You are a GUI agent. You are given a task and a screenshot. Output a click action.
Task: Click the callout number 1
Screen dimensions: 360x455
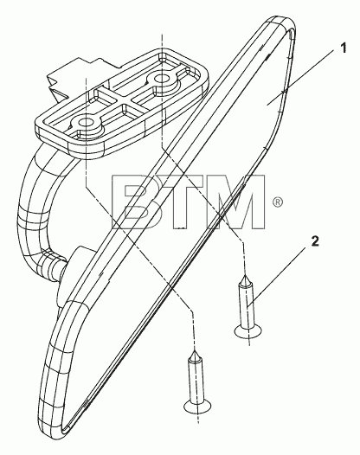tap(344, 48)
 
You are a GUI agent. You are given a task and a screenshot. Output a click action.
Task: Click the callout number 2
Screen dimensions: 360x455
tap(315, 241)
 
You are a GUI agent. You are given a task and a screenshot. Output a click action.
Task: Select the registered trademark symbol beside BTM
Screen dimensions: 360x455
tap(278, 202)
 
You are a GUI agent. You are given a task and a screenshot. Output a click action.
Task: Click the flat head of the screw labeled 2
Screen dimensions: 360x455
tap(248, 331)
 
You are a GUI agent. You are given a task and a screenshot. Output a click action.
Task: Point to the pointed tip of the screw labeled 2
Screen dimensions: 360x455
tap(245, 276)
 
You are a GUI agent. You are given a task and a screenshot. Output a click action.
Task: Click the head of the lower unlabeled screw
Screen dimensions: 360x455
tap(197, 406)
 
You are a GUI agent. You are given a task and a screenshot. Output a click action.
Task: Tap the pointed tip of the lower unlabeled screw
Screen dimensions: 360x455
tap(194, 353)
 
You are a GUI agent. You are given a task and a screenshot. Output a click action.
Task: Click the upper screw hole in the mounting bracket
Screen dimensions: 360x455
tap(162, 79)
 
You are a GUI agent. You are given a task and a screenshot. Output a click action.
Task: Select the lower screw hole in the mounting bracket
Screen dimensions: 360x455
tap(86, 123)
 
